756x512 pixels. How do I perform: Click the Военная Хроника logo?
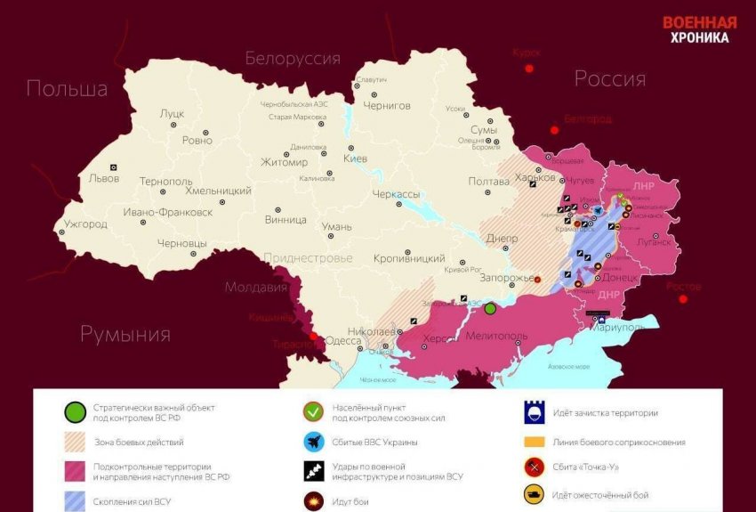[699, 29]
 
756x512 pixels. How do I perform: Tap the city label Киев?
[355, 158]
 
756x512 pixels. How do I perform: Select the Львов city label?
[92, 178]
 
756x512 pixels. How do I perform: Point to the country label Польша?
[67, 88]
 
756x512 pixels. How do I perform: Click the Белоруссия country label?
[293, 59]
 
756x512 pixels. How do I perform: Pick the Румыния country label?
[125, 334]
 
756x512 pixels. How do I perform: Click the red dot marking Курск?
[530, 68]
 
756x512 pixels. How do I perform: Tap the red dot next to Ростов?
[683, 299]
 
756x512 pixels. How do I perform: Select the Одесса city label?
[343, 339]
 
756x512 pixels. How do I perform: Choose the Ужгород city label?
[85, 223]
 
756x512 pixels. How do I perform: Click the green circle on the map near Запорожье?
[490, 308]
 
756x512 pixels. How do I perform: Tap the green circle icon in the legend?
[75, 411]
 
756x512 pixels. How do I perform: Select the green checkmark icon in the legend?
[313, 411]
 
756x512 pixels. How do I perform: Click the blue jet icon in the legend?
[313, 442]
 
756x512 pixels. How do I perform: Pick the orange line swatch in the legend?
[535, 442]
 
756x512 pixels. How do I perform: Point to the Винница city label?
[286, 219]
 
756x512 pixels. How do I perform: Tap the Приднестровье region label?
[308, 258]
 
